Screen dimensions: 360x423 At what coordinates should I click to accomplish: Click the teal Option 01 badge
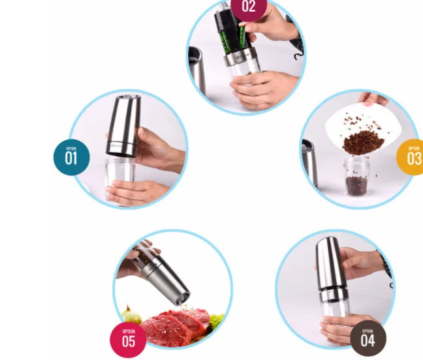click(70, 157)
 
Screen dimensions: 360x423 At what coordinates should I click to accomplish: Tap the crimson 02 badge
click(249, 7)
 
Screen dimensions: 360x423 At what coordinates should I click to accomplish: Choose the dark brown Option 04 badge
click(368, 338)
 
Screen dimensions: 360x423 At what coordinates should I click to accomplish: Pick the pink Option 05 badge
click(128, 340)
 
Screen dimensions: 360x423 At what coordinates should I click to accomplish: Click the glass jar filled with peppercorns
click(356, 177)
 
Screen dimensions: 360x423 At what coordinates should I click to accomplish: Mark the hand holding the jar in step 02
click(258, 88)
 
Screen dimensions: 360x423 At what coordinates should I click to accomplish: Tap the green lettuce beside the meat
click(216, 320)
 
